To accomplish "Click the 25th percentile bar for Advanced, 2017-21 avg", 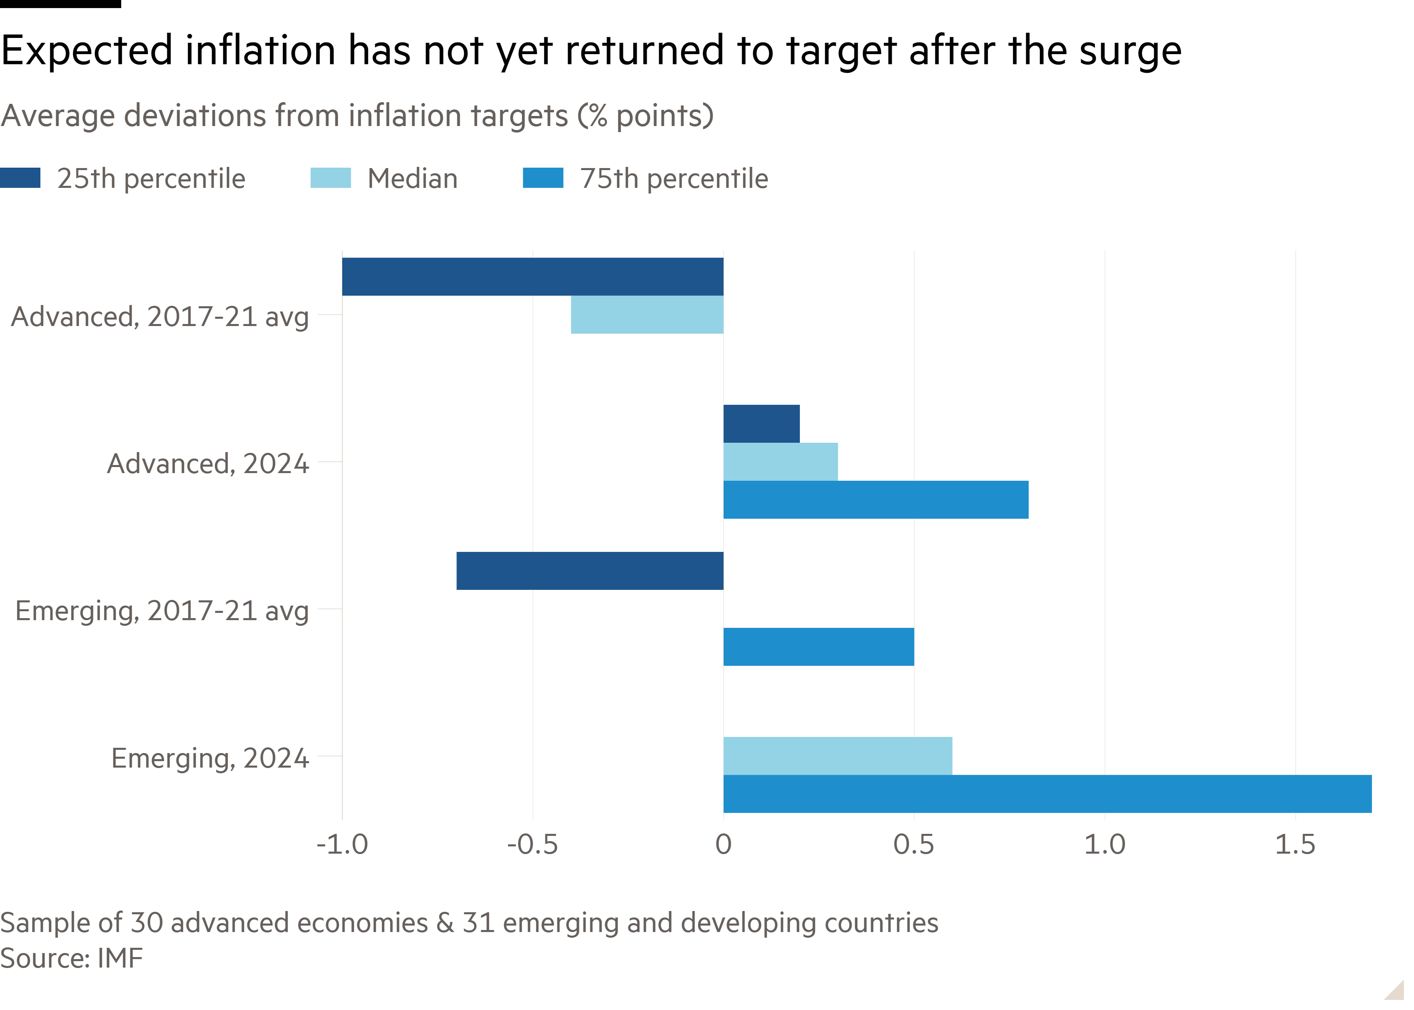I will coord(532,277).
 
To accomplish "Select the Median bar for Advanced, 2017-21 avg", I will coord(647,315).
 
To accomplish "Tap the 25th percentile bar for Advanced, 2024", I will coord(761,423).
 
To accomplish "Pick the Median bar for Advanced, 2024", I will coord(781,461).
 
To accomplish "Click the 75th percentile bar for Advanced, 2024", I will coord(875,499).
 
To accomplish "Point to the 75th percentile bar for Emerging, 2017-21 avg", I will coord(819,647).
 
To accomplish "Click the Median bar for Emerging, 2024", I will coord(837,755).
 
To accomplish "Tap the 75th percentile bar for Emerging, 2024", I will coord(1047,794).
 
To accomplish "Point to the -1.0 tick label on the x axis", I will coord(342,845).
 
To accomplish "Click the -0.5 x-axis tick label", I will coord(532,845).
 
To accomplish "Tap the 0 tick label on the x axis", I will coord(723,845).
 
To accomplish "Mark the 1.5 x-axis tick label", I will coord(1295,845).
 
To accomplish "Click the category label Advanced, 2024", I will coord(208,464).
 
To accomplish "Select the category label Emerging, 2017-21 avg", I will coord(162,611).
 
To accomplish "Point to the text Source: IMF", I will coord(72,958).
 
